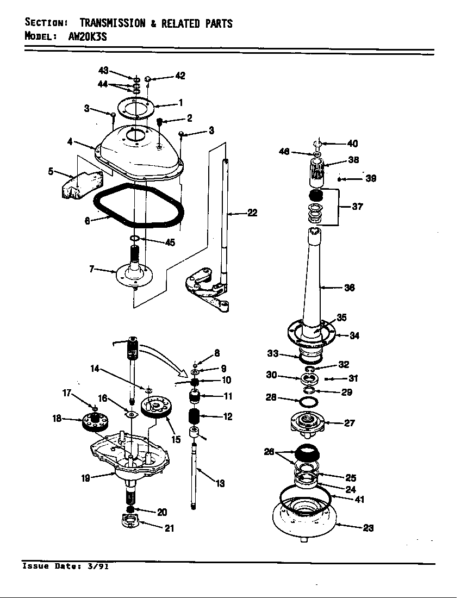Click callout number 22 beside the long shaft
(252, 213)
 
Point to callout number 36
(350, 288)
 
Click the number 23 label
(368, 528)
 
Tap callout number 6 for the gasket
(88, 221)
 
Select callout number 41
(359, 500)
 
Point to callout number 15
(176, 439)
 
